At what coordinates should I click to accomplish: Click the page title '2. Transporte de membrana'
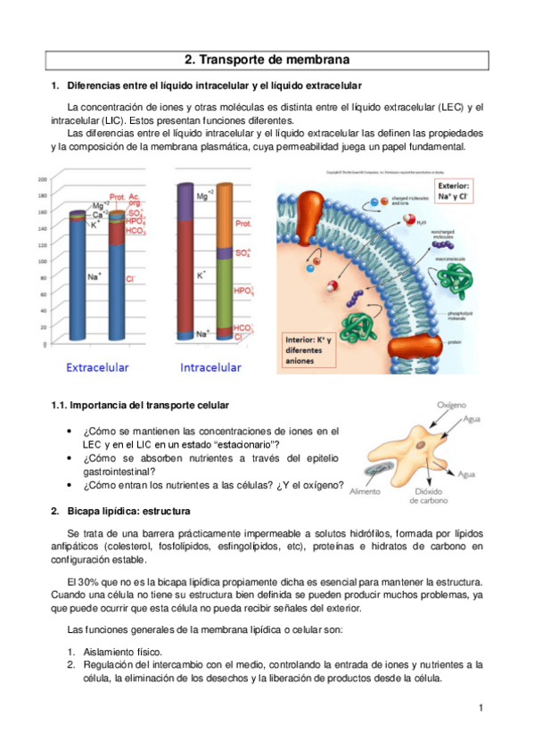pos(267,61)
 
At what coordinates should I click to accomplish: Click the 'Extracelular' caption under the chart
pos(86,367)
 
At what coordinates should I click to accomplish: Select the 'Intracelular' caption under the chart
pos(210,367)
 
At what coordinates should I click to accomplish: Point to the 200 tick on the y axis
pos(41,180)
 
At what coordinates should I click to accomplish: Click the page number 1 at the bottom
pos(480,709)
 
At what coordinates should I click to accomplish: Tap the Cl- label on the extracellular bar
pos(130,278)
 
